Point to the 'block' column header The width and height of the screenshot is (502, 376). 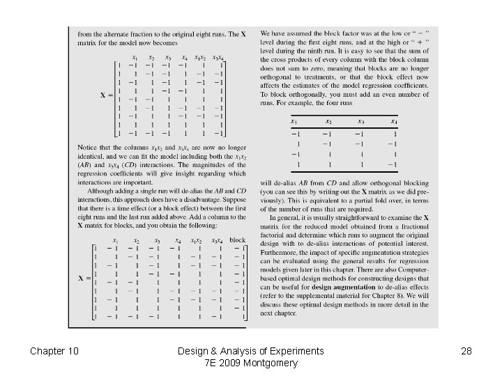238,240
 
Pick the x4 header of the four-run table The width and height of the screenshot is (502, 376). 395,121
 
